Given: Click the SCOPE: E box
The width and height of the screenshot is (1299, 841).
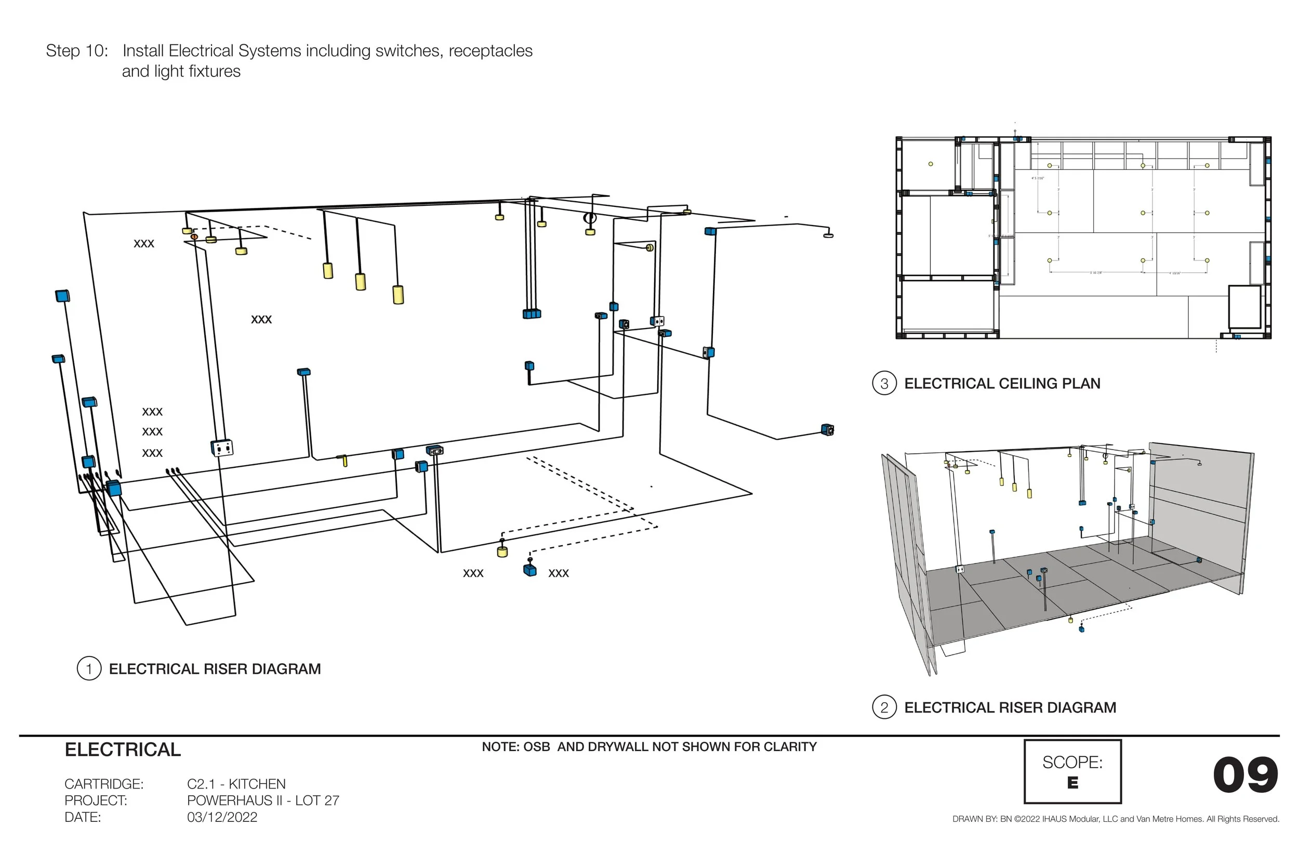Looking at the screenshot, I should (1072, 771).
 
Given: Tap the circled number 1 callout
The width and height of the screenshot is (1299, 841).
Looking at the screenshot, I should (89, 668).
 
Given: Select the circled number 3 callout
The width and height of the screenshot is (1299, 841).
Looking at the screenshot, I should (884, 384).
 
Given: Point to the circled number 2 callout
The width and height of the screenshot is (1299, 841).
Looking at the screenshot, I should (884, 707).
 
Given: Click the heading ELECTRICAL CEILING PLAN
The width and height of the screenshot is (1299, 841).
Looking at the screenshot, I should (1002, 384).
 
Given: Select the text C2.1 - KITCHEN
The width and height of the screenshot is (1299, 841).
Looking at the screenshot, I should (236, 784).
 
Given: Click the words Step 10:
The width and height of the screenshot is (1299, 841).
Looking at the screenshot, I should (77, 51).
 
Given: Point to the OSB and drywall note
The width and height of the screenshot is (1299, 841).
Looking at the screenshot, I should (649, 746).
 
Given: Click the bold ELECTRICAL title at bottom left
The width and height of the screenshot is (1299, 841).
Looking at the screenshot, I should (123, 750).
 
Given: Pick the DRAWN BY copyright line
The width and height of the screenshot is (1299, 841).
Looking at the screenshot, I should (1116, 819).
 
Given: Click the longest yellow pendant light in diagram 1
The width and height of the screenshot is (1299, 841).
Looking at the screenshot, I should (399, 294).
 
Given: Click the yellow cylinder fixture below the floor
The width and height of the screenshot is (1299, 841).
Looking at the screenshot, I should (502, 551).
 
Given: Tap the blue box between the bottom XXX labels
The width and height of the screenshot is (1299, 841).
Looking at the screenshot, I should (529, 571).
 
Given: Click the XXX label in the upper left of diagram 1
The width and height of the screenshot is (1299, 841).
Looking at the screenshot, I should (144, 244).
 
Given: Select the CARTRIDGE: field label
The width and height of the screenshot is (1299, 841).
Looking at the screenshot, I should (104, 784).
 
